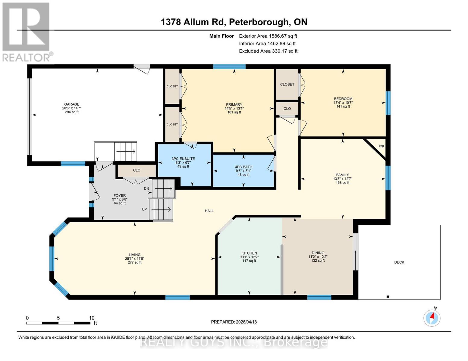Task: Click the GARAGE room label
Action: coord(71,104)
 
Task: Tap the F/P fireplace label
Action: coord(381,147)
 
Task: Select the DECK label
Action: coord(399,262)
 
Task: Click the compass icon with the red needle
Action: coord(432,318)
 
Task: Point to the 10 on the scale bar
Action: coord(92,318)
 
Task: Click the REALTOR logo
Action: coord(26,32)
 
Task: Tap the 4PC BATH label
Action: coord(243,167)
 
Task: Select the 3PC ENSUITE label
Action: coord(183,159)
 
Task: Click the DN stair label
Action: coord(146,189)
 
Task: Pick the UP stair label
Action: coord(144,209)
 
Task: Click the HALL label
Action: coord(209,211)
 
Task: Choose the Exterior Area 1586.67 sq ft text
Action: coord(268,36)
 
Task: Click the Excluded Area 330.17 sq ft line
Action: coord(268,51)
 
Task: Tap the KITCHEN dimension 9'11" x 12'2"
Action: coord(249,257)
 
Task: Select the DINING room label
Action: coord(318,253)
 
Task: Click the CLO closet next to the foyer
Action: coord(137,170)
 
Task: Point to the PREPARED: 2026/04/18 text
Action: coord(234,322)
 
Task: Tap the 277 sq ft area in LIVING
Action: coord(135,262)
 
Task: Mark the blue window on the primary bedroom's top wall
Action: coord(229,67)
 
